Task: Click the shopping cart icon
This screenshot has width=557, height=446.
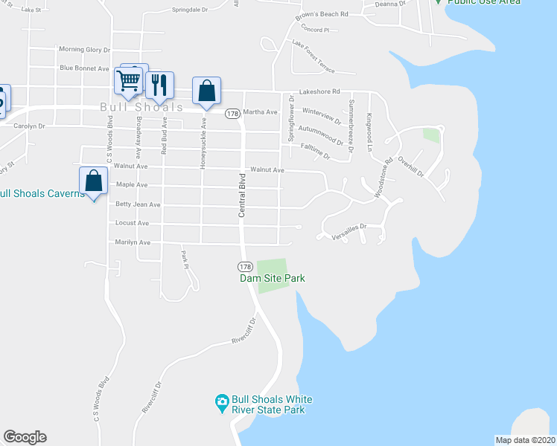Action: [x=128, y=80]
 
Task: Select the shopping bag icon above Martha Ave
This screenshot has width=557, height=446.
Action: [x=206, y=91]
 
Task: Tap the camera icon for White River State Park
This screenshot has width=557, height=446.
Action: [x=221, y=401]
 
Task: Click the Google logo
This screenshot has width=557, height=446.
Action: [x=25, y=437]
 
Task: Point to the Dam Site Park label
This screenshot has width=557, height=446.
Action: [x=273, y=279]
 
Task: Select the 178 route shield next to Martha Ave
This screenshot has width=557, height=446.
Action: [x=232, y=114]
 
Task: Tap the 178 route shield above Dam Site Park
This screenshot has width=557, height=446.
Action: [x=245, y=266]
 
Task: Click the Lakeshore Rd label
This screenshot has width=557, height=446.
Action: [x=319, y=92]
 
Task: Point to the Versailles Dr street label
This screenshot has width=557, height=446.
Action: [x=350, y=227]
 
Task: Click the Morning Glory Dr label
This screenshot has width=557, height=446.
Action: [x=84, y=50]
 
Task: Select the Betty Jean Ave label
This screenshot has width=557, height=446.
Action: [x=138, y=204]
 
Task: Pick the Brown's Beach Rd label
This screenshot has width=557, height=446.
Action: [x=322, y=14]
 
